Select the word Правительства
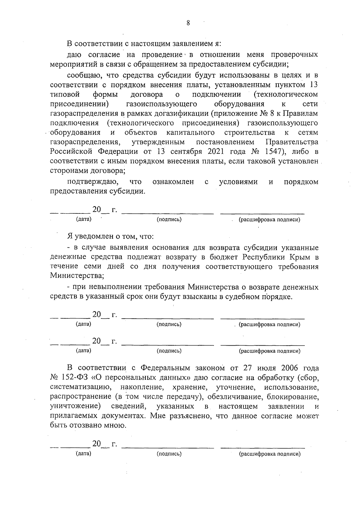[292, 142]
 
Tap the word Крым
[301, 257]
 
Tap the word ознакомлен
[173, 182]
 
